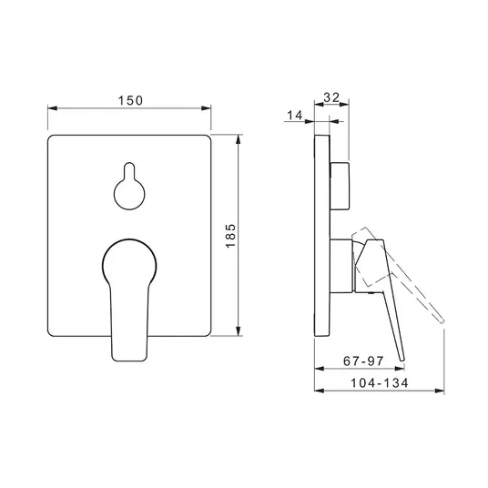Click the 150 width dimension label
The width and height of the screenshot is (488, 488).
130,100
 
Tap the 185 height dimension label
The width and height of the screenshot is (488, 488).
231,236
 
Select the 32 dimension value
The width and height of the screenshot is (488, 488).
331,97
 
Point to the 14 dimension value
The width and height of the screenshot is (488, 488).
294,115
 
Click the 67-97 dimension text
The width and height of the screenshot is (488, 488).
363,361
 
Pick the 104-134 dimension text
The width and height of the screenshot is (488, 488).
379,382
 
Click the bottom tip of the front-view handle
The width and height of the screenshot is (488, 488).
129,361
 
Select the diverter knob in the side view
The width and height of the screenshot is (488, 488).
340,186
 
